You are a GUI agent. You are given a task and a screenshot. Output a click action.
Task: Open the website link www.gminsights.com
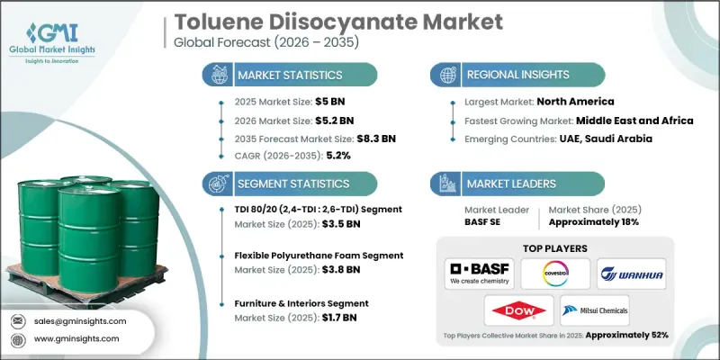[x=78, y=339]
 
